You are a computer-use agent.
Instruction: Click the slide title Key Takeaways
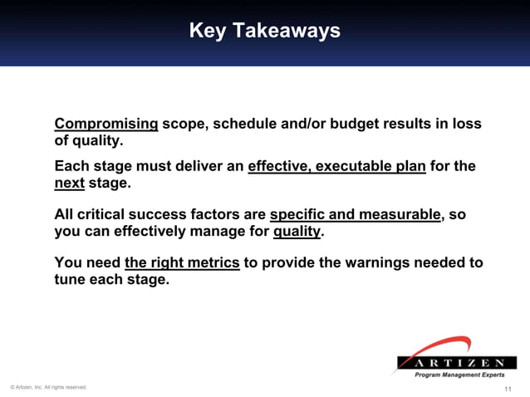264,31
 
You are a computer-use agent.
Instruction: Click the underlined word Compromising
106,124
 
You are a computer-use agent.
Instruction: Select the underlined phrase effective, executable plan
336,165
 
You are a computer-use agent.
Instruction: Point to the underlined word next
70,182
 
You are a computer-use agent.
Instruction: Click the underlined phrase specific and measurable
355,214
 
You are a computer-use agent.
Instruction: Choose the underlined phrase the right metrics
182,263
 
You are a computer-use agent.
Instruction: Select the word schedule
247,124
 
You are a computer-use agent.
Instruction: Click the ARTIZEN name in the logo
455,363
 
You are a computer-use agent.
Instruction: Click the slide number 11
508,389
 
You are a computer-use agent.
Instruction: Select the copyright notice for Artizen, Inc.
48,387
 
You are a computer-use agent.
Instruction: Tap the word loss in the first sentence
466,124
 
